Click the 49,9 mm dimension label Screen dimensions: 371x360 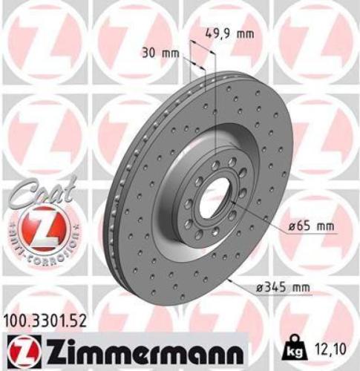click(x=229, y=33)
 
